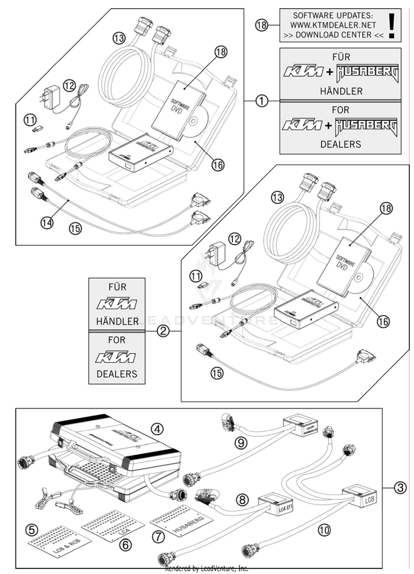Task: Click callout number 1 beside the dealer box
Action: click(262, 101)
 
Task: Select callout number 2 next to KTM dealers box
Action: click(163, 331)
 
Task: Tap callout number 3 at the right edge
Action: click(400, 487)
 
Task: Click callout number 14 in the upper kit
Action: click(47, 222)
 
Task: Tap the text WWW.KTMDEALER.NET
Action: click(333, 25)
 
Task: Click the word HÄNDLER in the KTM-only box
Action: click(117, 321)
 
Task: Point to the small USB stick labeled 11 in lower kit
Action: click(203, 285)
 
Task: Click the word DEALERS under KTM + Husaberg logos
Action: click(340, 144)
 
